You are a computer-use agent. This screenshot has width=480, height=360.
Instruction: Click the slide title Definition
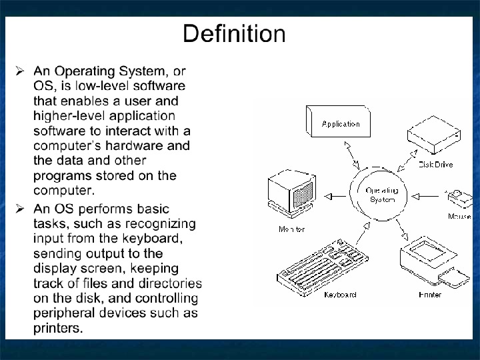(234, 33)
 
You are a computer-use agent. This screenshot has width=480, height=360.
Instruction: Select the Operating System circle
(381, 195)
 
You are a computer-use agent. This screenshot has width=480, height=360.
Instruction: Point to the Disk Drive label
(435, 164)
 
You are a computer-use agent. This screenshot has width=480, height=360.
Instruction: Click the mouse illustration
(460, 199)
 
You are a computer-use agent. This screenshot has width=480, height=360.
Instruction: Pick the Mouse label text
(460, 217)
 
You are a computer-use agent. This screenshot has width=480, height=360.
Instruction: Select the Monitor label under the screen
(291, 229)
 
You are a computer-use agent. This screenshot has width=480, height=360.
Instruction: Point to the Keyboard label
(340, 294)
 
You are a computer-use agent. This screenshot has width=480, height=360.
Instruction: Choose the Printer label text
(430, 294)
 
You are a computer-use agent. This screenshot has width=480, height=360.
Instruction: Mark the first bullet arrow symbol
(20, 71)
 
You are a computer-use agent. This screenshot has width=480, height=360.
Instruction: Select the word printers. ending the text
(59, 328)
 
